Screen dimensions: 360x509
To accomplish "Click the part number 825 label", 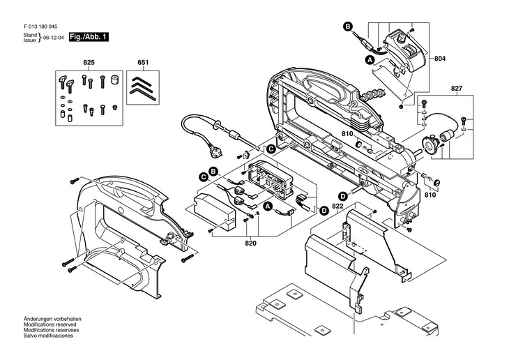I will tap(89, 63).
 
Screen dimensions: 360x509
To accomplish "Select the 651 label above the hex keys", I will tap(143, 63).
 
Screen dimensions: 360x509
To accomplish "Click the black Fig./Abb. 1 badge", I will tap(88, 37).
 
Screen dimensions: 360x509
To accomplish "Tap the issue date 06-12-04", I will tap(53, 38).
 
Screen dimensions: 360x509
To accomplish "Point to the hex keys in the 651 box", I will tap(143, 89).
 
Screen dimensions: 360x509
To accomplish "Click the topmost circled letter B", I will tap(347, 27).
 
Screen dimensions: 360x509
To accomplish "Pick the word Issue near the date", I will tap(29, 40).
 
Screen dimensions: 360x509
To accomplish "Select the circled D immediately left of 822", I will tap(324, 209).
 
